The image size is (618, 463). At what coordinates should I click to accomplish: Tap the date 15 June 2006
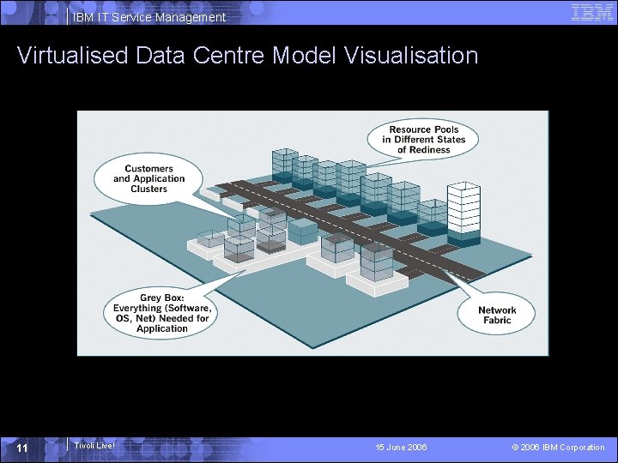point(401,448)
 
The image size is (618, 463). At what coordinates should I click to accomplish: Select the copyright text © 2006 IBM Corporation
point(558,448)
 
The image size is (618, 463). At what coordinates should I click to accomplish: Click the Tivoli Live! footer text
point(94,445)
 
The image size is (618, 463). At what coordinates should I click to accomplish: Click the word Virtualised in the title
point(70,56)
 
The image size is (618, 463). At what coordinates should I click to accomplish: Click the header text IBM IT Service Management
point(149,17)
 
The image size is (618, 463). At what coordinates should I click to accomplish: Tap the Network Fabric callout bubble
point(497,315)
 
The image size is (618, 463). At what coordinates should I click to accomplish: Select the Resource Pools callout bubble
point(424,140)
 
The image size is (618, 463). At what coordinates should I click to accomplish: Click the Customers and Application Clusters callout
point(148,178)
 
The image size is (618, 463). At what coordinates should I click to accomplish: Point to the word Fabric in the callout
point(497,321)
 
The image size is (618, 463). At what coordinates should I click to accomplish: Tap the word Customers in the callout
point(149,169)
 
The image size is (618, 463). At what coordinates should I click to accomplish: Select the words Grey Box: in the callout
point(162,298)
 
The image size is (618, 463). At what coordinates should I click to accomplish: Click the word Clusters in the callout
point(149,189)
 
